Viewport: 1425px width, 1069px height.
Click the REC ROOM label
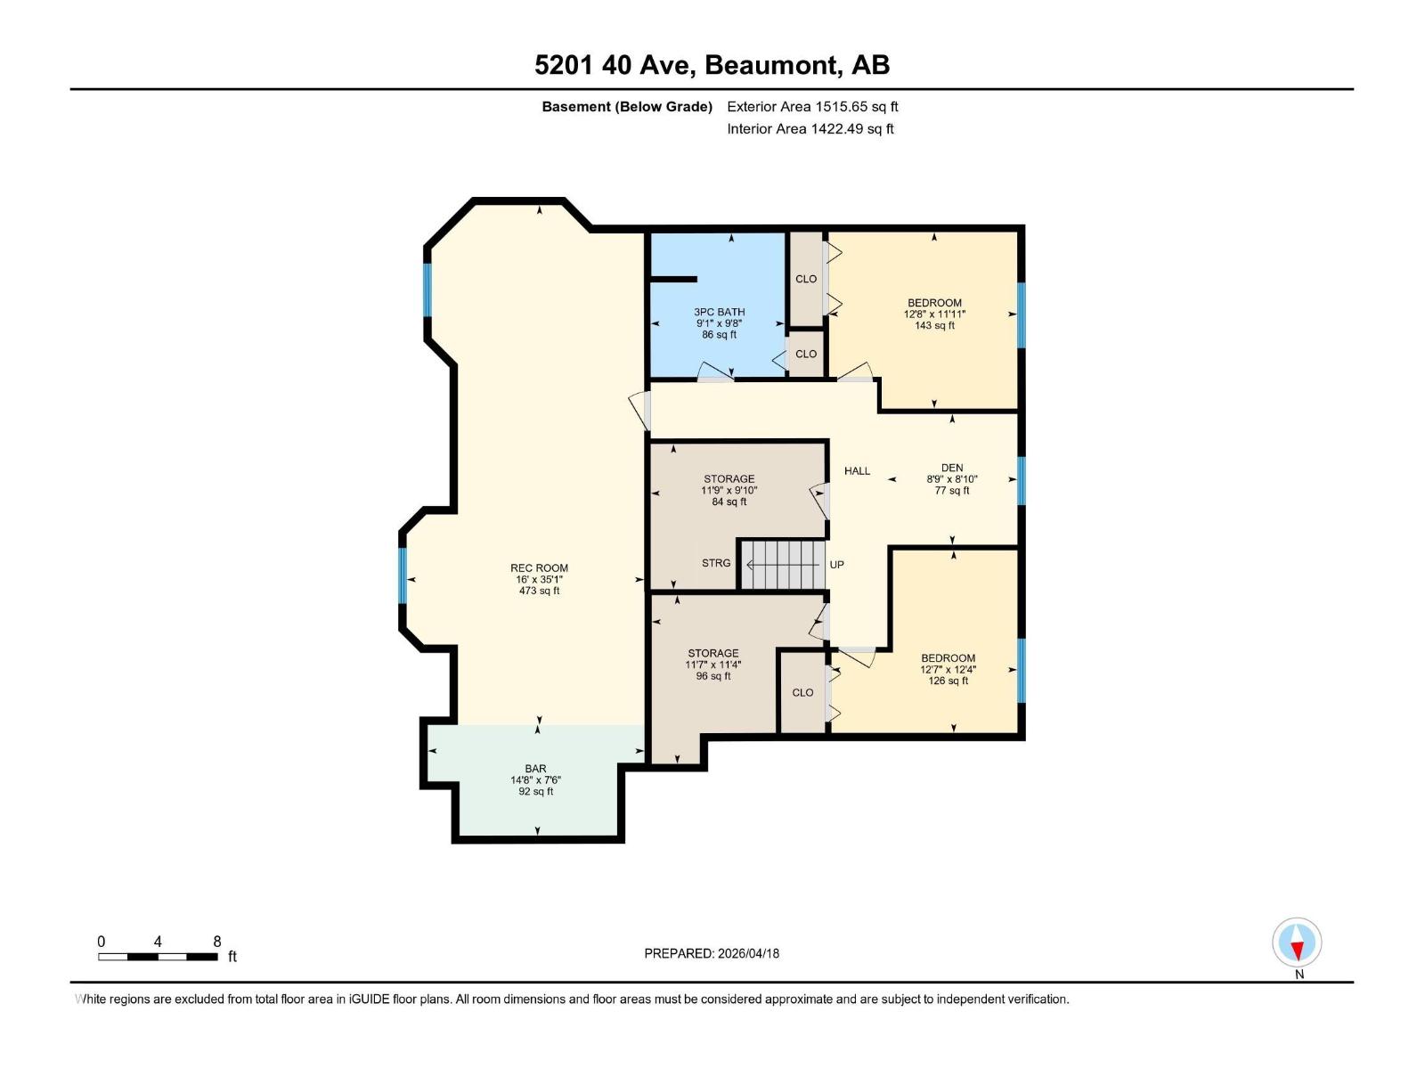click(x=539, y=568)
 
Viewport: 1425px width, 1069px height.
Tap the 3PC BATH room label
click(x=719, y=313)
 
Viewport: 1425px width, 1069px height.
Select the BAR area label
click(x=535, y=769)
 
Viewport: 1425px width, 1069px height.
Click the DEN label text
click(x=952, y=469)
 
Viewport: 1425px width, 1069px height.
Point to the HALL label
click(x=857, y=471)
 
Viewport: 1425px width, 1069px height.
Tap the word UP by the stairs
click(x=836, y=565)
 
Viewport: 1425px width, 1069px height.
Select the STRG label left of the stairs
click(x=716, y=563)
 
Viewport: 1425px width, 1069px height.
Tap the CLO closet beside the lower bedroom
click(x=802, y=692)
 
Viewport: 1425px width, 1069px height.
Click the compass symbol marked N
click(x=1297, y=943)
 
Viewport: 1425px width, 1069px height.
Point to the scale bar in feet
click(x=158, y=956)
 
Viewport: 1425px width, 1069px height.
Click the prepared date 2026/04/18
click(x=712, y=953)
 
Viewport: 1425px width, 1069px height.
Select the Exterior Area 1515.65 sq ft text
click(x=812, y=107)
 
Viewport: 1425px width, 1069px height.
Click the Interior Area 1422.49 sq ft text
click(x=810, y=129)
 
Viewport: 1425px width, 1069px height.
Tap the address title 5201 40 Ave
click(x=712, y=65)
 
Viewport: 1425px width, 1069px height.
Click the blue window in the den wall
click(x=1022, y=480)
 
